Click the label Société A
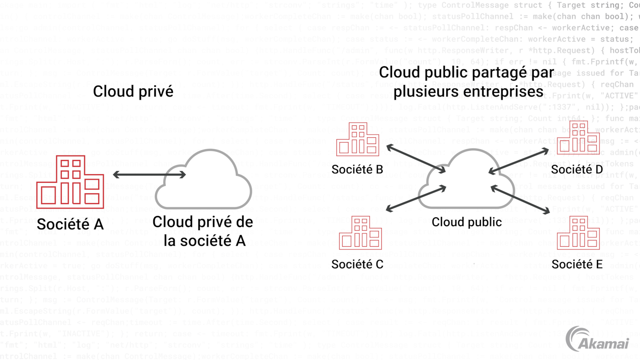click(x=70, y=224)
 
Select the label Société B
click(x=357, y=169)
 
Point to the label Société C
click(x=357, y=264)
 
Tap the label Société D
click(x=577, y=169)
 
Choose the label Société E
click(x=577, y=264)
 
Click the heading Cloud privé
click(x=132, y=92)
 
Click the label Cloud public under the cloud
click(x=467, y=222)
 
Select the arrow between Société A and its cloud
click(x=149, y=175)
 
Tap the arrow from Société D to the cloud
click(x=519, y=161)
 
